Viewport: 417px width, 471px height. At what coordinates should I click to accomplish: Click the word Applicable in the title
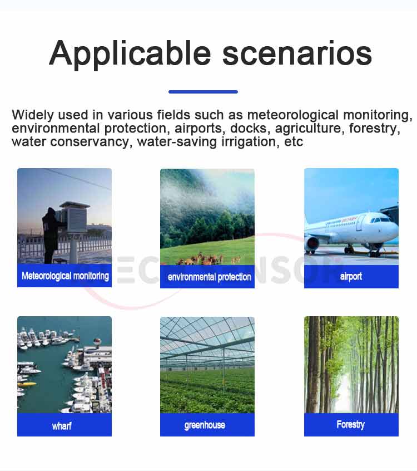pos(130,55)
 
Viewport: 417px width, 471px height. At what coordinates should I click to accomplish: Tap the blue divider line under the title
pos(203,92)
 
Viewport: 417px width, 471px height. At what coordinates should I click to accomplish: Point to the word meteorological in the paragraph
pos(293,115)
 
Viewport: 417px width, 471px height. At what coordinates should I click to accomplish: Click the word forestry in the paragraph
pos(374,129)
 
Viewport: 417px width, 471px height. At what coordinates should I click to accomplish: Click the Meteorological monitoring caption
pos(65,276)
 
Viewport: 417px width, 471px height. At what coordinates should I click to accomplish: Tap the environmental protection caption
pos(210,277)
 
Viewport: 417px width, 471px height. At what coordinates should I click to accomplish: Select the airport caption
pos(351,276)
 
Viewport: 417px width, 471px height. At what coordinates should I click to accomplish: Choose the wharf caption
pos(62,426)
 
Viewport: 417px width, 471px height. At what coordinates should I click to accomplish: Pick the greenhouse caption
pos(205,425)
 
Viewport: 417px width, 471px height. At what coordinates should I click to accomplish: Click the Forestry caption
pos(350,424)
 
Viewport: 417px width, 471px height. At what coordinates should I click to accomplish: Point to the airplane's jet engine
pos(312,244)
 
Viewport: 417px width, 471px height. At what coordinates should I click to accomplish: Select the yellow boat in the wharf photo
pos(27,384)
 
